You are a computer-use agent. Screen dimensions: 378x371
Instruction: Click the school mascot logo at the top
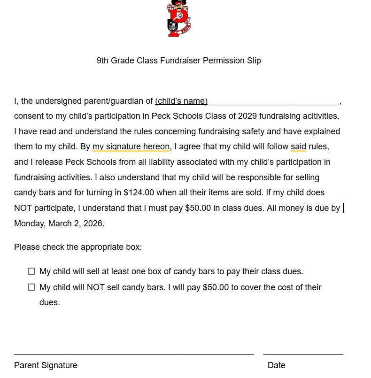(x=179, y=19)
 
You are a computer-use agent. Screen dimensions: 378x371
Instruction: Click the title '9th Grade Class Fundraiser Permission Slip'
(x=178, y=61)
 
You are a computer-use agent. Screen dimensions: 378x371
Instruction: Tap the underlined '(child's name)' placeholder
(x=181, y=101)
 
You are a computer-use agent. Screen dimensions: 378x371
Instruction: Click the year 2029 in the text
(x=247, y=116)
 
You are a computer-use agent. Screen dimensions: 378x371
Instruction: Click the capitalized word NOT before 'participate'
(x=23, y=208)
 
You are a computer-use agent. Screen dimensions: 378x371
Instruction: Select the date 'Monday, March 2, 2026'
(x=59, y=224)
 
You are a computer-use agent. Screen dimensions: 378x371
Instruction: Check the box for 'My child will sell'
(x=31, y=271)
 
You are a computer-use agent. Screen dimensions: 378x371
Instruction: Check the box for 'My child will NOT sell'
(x=31, y=287)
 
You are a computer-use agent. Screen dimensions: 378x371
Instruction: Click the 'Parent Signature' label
(x=46, y=365)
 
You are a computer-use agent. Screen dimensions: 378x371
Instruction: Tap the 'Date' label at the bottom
(x=276, y=365)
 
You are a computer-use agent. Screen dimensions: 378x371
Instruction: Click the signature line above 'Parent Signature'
(x=134, y=354)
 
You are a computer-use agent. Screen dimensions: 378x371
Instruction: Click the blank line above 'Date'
(x=303, y=354)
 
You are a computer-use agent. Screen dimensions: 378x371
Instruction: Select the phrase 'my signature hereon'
(x=131, y=147)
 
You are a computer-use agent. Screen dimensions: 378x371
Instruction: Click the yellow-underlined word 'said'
(x=298, y=147)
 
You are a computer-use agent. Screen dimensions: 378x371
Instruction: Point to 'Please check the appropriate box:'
(x=78, y=247)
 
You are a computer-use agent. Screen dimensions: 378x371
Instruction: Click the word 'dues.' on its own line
(x=49, y=302)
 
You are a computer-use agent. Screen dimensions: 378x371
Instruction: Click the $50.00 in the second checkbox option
(x=216, y=287)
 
